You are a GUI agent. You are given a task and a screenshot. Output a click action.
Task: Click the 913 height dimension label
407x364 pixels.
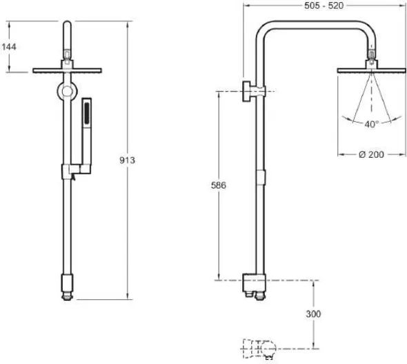pyautogui.click(x=127, y=160)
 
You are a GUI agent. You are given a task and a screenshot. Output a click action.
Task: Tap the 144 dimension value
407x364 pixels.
pyautogui.click(x=9, y=47)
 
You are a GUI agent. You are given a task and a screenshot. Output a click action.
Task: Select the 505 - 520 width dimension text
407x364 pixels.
pyautogui.click(x=324, y=6)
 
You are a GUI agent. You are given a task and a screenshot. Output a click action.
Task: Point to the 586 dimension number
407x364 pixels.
pyautogui.click(x=219, y=185)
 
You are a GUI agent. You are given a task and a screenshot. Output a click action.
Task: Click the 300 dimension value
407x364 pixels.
pyautogui.click(x=313, y=314)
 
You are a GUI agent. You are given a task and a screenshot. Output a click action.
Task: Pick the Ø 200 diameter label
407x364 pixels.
pyautogui.click(x=371, y=154)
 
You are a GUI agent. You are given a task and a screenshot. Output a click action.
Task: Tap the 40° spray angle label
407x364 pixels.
pyautogui.click(x=372, y=124)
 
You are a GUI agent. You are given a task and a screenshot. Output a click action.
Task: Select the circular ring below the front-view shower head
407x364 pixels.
pyautogui.click(x=67, y=91)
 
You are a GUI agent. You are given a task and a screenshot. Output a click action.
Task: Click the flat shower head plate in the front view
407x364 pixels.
pyautogui.click(x=67, y=70)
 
